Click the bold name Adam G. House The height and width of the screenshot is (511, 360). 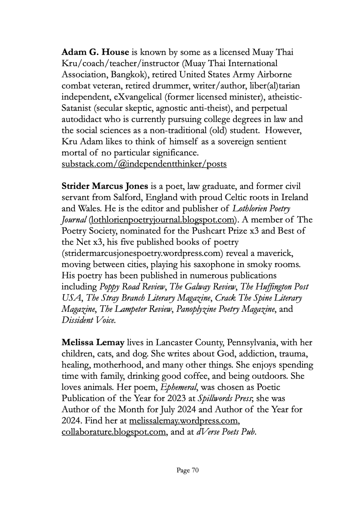(x=95, y=52)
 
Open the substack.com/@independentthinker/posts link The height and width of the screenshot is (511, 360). (x=144, y=164)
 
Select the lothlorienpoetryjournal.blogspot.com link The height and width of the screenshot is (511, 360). (x=163, y=220)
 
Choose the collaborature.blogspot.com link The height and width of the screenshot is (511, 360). (x=113, y=432)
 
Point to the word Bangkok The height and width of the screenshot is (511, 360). (x=115, y=75)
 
